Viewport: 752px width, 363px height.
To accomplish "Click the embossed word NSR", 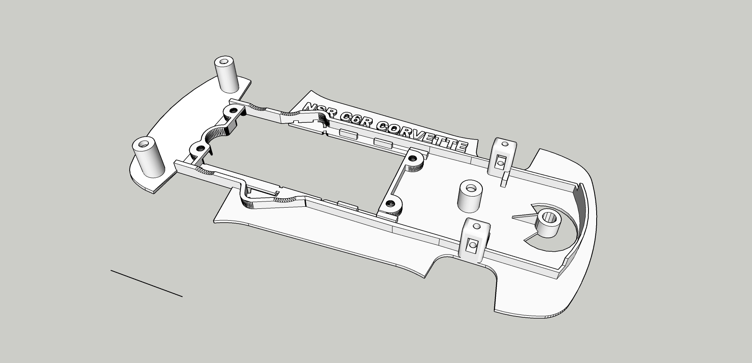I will [318, 111].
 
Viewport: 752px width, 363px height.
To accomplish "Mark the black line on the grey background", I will [146, 283].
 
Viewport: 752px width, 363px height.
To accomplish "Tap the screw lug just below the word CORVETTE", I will [415, 160].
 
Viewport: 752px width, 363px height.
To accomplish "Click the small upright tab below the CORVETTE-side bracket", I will [505, 180].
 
